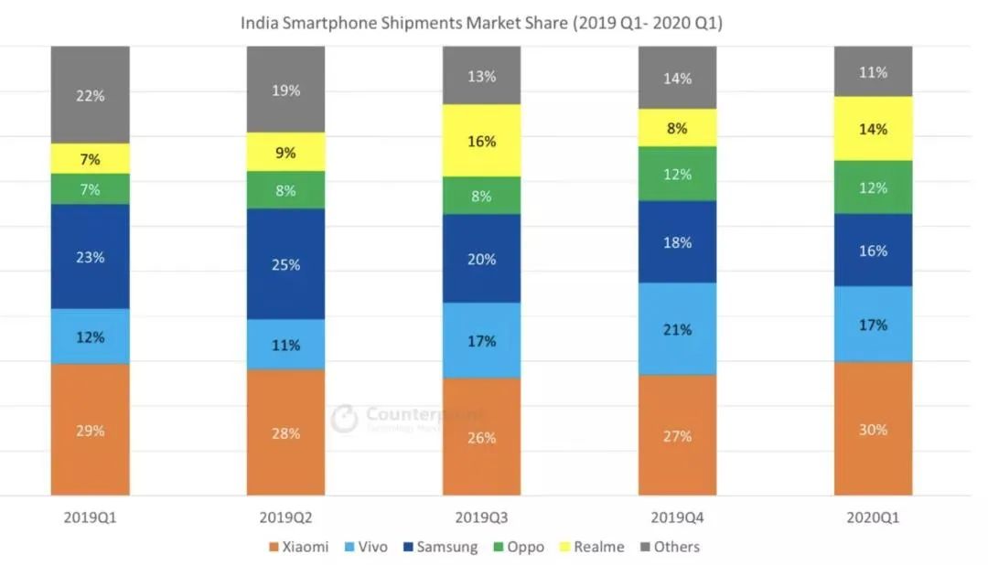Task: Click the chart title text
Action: (x=481, y=23)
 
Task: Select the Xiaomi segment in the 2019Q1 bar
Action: (x=90, y=430)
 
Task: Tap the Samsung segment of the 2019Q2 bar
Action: (x=285, y=263)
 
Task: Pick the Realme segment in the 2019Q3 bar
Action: (x=481, y=141)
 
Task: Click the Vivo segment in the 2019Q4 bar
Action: (x=677, y=328)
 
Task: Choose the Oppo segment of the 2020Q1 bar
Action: (x=873, y=187)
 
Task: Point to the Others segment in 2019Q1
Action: (x=90, y=95)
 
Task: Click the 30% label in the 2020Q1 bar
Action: (x=873, y=429)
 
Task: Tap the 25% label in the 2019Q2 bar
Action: (x=285, y=265)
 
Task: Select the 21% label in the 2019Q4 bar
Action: (x=677, y=329)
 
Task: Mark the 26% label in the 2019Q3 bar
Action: (x=481, y=438)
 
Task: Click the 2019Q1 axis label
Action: (x=90, y=517)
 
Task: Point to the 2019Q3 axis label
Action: (x=481, y=517)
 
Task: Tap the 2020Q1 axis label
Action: (x=873, y=517)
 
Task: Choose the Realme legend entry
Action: (x=592, y=547)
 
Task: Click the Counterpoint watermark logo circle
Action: (x=344, y=419)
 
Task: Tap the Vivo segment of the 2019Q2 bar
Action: (x=285, y=345)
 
